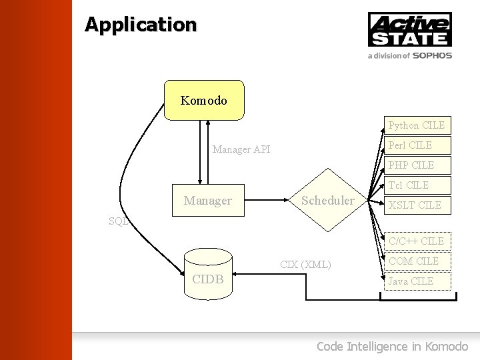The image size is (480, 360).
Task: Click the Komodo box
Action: (204, 101)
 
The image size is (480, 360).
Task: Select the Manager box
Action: (208, 200)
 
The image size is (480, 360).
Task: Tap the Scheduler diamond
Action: (328, 200)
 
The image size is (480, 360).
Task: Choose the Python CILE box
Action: (416, 125)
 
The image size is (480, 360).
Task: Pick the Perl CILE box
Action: (416, 145)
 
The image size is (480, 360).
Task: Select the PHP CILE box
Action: (416, 165)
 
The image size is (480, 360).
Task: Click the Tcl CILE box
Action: (416, 185)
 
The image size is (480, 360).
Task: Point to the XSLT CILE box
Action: (416, 205)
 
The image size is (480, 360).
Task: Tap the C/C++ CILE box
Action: (416, 241)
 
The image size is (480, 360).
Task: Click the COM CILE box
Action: (416, 261)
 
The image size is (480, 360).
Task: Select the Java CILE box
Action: (416, 281)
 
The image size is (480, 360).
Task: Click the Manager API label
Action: (241, 149)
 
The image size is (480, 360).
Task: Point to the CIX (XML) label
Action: (305, 264)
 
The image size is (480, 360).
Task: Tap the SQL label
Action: (118, 221)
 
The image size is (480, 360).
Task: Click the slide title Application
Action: (141, 25)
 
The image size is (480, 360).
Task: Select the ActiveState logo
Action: (409, 30)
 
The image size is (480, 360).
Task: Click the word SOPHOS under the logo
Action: (432, 56)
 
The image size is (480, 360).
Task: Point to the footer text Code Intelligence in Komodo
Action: (392, 346)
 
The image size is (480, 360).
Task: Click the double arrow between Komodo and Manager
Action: (204, 152)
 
